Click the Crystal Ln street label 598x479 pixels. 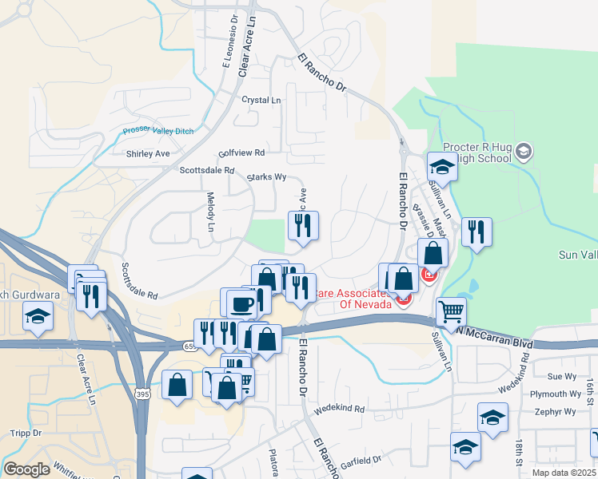click(x=261, y=100)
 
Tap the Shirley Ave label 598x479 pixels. click(x=148, y=153)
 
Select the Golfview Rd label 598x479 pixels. click(x=241, y=152)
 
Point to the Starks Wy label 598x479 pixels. click(x=266, y=176)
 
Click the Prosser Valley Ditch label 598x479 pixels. click(x=158, y=132)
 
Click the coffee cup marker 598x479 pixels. click(x=241, y=303)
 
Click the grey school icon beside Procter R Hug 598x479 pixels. click(x=524, y=151)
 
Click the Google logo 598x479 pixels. click(x=26, y=469)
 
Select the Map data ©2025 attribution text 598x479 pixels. click(x=564, y=473)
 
